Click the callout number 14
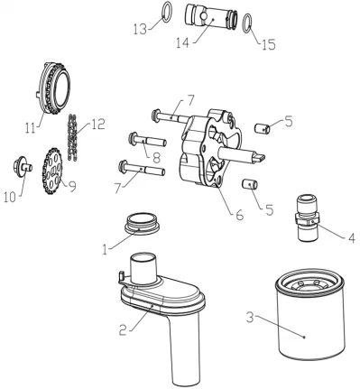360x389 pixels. click(183, 42)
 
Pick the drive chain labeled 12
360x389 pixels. click(71, 137)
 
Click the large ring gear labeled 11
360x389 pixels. click(54, 89)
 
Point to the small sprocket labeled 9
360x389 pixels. click(52, 168)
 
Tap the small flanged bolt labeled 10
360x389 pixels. click(23, 166)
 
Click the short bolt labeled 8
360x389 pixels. click(147, 141)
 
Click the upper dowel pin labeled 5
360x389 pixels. click(263, 128)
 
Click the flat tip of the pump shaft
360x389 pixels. click(260, 157)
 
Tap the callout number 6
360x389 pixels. click(240, 215)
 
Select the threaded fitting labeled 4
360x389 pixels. click(307, 218)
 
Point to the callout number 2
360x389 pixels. click(123, 330)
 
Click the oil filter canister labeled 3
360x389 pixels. click(309, 314)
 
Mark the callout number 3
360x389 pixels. click(250, 318)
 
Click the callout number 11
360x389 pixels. click(30, 128)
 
